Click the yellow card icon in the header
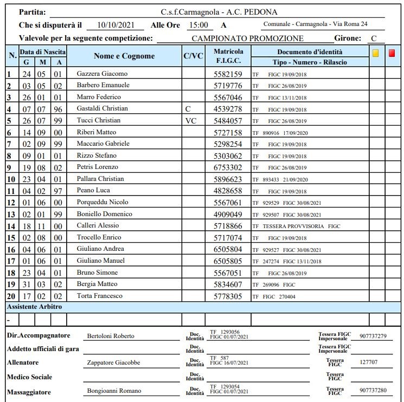point(375,53)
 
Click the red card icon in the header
point(392,53)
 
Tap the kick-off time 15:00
point(198,25)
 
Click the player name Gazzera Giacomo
point(102,74)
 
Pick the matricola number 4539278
point(228,109)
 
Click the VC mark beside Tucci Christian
point(191,121)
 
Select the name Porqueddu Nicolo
point(102,202)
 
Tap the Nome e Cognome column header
point(124,56)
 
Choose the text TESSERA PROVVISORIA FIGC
point(302,226)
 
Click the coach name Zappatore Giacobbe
point(113,363)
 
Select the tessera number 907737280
point(373,391)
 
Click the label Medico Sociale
point(30,377)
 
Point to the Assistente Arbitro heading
point(34,307)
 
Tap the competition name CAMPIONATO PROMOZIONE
point(248,38)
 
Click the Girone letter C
point(374,38)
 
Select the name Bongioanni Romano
point(114,391)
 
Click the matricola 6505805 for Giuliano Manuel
point(228,261)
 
